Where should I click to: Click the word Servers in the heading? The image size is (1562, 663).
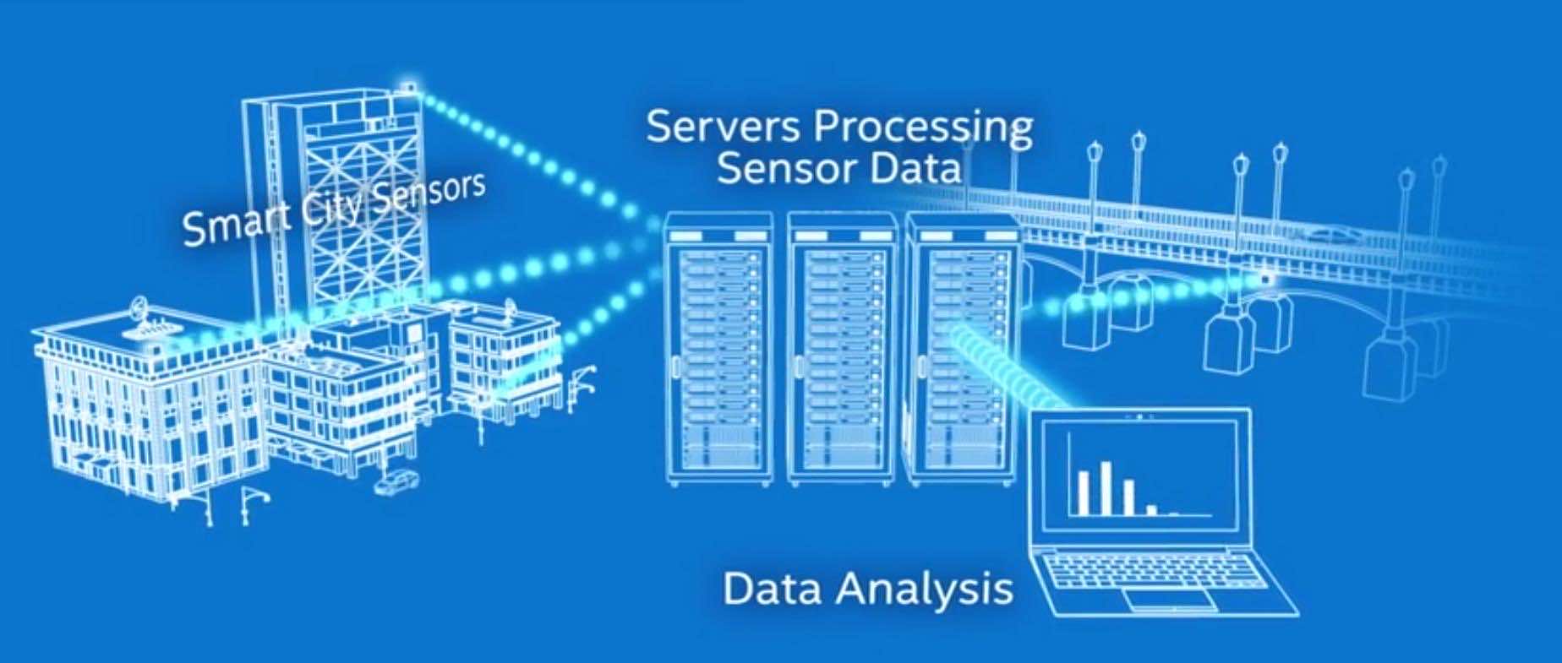(x=723, y=127)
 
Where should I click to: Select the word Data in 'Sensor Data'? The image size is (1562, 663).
(x=916, y=170)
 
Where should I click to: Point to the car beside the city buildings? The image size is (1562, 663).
(x=397, y=481)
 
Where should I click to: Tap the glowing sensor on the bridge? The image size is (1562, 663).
(x=1264, y=279)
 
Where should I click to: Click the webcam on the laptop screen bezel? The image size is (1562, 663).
(x=1140, y=417)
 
